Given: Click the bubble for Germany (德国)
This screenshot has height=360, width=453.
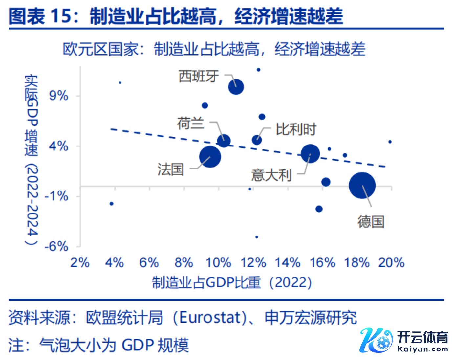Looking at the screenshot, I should pos(362,185).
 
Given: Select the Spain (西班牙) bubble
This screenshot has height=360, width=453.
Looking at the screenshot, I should pos(236,87).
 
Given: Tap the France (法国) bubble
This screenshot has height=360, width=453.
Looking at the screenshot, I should pos(210,157).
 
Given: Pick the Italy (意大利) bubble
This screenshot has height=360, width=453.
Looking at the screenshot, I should pos(310,153).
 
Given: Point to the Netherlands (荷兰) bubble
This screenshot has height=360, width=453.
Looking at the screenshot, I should pos(224,141).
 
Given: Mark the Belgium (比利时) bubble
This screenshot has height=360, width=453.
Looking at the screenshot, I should pos(257,140).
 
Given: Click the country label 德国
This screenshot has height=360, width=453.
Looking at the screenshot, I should pos(371,222).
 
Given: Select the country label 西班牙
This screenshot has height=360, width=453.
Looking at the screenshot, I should pos(199,76).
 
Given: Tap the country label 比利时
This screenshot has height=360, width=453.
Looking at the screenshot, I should pos(296,129).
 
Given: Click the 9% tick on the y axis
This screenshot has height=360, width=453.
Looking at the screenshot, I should pos(58,96).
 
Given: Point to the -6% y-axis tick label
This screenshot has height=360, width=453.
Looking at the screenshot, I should pos(56,246).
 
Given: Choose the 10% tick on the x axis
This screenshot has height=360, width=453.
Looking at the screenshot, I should pos(219,263).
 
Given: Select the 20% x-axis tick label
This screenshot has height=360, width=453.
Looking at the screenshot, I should pos(391,263).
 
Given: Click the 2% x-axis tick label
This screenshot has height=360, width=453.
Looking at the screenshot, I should pos(80,263).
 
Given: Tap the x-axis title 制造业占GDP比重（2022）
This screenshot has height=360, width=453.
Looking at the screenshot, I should pos(232,282).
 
